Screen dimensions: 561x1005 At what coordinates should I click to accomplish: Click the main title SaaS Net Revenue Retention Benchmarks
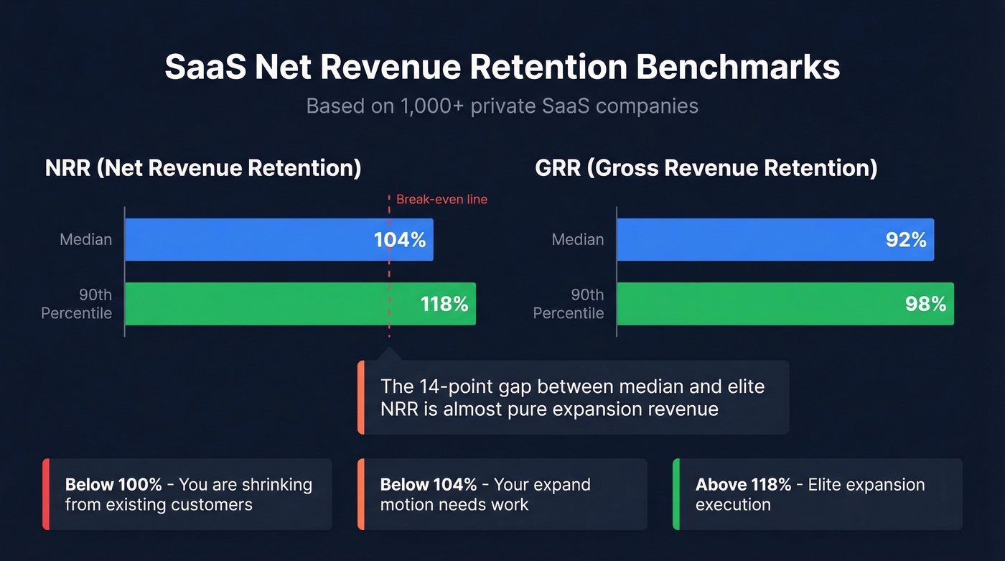pyautogui.click(x=502, y=67)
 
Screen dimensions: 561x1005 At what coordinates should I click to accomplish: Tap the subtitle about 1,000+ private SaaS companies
pyautogui.click(x=502, y=106)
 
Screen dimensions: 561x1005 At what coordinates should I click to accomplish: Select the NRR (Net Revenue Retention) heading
pyautogui.click(x=203, y=167)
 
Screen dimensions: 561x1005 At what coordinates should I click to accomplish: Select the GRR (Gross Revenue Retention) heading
pyautogui.click(x=706, y=167)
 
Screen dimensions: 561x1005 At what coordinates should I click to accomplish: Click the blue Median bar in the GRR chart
pyautogui.click(x=747, y=240)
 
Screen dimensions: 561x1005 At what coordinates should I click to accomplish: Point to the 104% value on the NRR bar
pyautogui.click(x=400, y=240)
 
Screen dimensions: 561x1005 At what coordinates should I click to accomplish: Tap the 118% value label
pyautogui.click(x=444, y=304)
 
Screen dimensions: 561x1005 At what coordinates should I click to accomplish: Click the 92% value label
pyautogui.click(x=905, y=240)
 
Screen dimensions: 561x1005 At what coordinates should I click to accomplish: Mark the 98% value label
pyautogui.click(x=925, y=304)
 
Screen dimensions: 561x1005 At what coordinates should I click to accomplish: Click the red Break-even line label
pyautogui.click(x=441, y=199)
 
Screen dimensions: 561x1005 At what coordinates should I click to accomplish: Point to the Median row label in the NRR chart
pyautogui.click(x=85, y=240)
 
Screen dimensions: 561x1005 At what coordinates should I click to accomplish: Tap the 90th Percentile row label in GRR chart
pyautogui.click(x=569, y=304)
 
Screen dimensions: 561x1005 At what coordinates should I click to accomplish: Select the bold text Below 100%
pyautogui.click(x=116, y=484)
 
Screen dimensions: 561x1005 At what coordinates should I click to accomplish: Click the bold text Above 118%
pyautogui.click(x=743, y=484)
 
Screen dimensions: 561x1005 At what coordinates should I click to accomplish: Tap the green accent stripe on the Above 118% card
pyautogui.click(x=676, y=494)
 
